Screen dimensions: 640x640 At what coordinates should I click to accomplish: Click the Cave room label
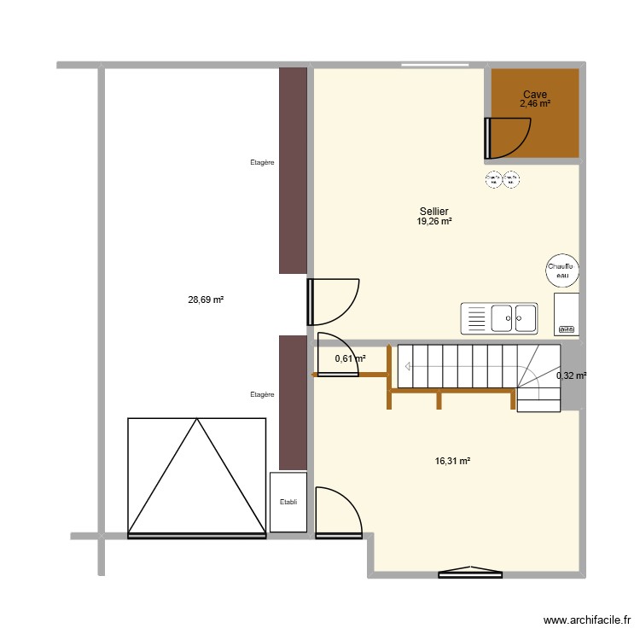pyautogui.click(x=535, y=95)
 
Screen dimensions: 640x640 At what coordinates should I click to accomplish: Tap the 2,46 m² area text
pyautogui.click(x=535, y=104)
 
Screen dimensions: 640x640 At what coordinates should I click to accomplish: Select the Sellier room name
pyautogui.click(x=434, y=212)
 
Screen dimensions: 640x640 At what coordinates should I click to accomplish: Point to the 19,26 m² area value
pyautogui.click(x=434, y=221)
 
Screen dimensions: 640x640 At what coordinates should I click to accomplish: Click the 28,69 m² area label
pyautogui.click(x=206, y=300)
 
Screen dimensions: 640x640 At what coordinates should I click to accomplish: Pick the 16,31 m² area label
pyautogui.click(x=453, y=461)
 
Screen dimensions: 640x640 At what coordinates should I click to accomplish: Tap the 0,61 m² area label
pyautogui.click(x=350, y=359)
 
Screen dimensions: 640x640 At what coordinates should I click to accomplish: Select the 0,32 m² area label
pyautogui.click(x=571, y=375)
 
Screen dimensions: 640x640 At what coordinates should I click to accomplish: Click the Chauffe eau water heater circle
pyautogui.click(x=562, y=270)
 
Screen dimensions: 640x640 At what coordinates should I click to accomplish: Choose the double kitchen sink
pyautogui.click(x=499, y=318)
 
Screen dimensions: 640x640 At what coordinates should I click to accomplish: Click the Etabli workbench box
pyautogui.click(x=288, y=502)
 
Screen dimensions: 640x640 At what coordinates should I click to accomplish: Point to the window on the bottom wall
pyautogui.click(x=470, y=573)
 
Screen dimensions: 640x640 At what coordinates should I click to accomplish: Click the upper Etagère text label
pyautogui.click(x=262, y=161)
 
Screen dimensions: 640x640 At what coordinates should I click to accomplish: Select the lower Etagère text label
pyautogui.click(x=262, y=394)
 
